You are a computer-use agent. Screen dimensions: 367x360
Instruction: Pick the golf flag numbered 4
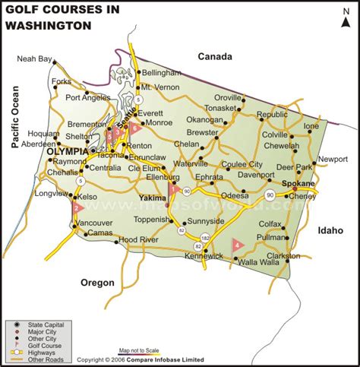(237, 245)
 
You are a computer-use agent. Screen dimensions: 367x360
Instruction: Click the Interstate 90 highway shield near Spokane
(270, 196)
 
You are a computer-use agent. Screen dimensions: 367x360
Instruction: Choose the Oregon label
(97, 283)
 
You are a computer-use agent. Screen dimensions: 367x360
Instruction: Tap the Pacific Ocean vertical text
(14, 122)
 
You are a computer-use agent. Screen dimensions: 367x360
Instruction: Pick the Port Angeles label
(87, 97)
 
